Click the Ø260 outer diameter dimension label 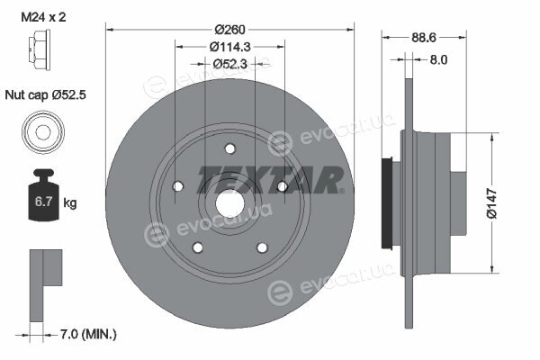[229, 30]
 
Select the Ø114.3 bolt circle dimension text [230, 47]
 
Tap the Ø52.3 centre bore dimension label [230, 64]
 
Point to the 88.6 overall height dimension [424, 37]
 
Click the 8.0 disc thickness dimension [438, 60]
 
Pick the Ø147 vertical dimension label [491, 203]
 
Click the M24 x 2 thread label [43, 17]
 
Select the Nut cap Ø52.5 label [46, 94]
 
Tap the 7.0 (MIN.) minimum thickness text [88, 334]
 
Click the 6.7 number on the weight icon [43, 202]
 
